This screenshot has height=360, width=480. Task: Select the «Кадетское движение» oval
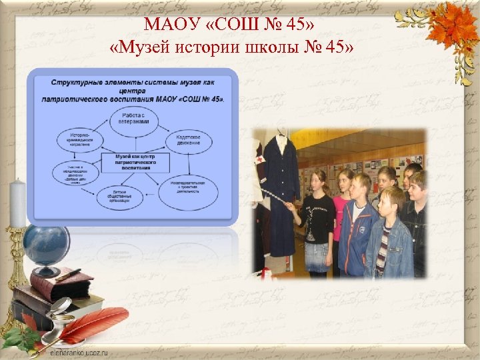coord(193,140)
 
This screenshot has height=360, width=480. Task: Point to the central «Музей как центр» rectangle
coord(135,162)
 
